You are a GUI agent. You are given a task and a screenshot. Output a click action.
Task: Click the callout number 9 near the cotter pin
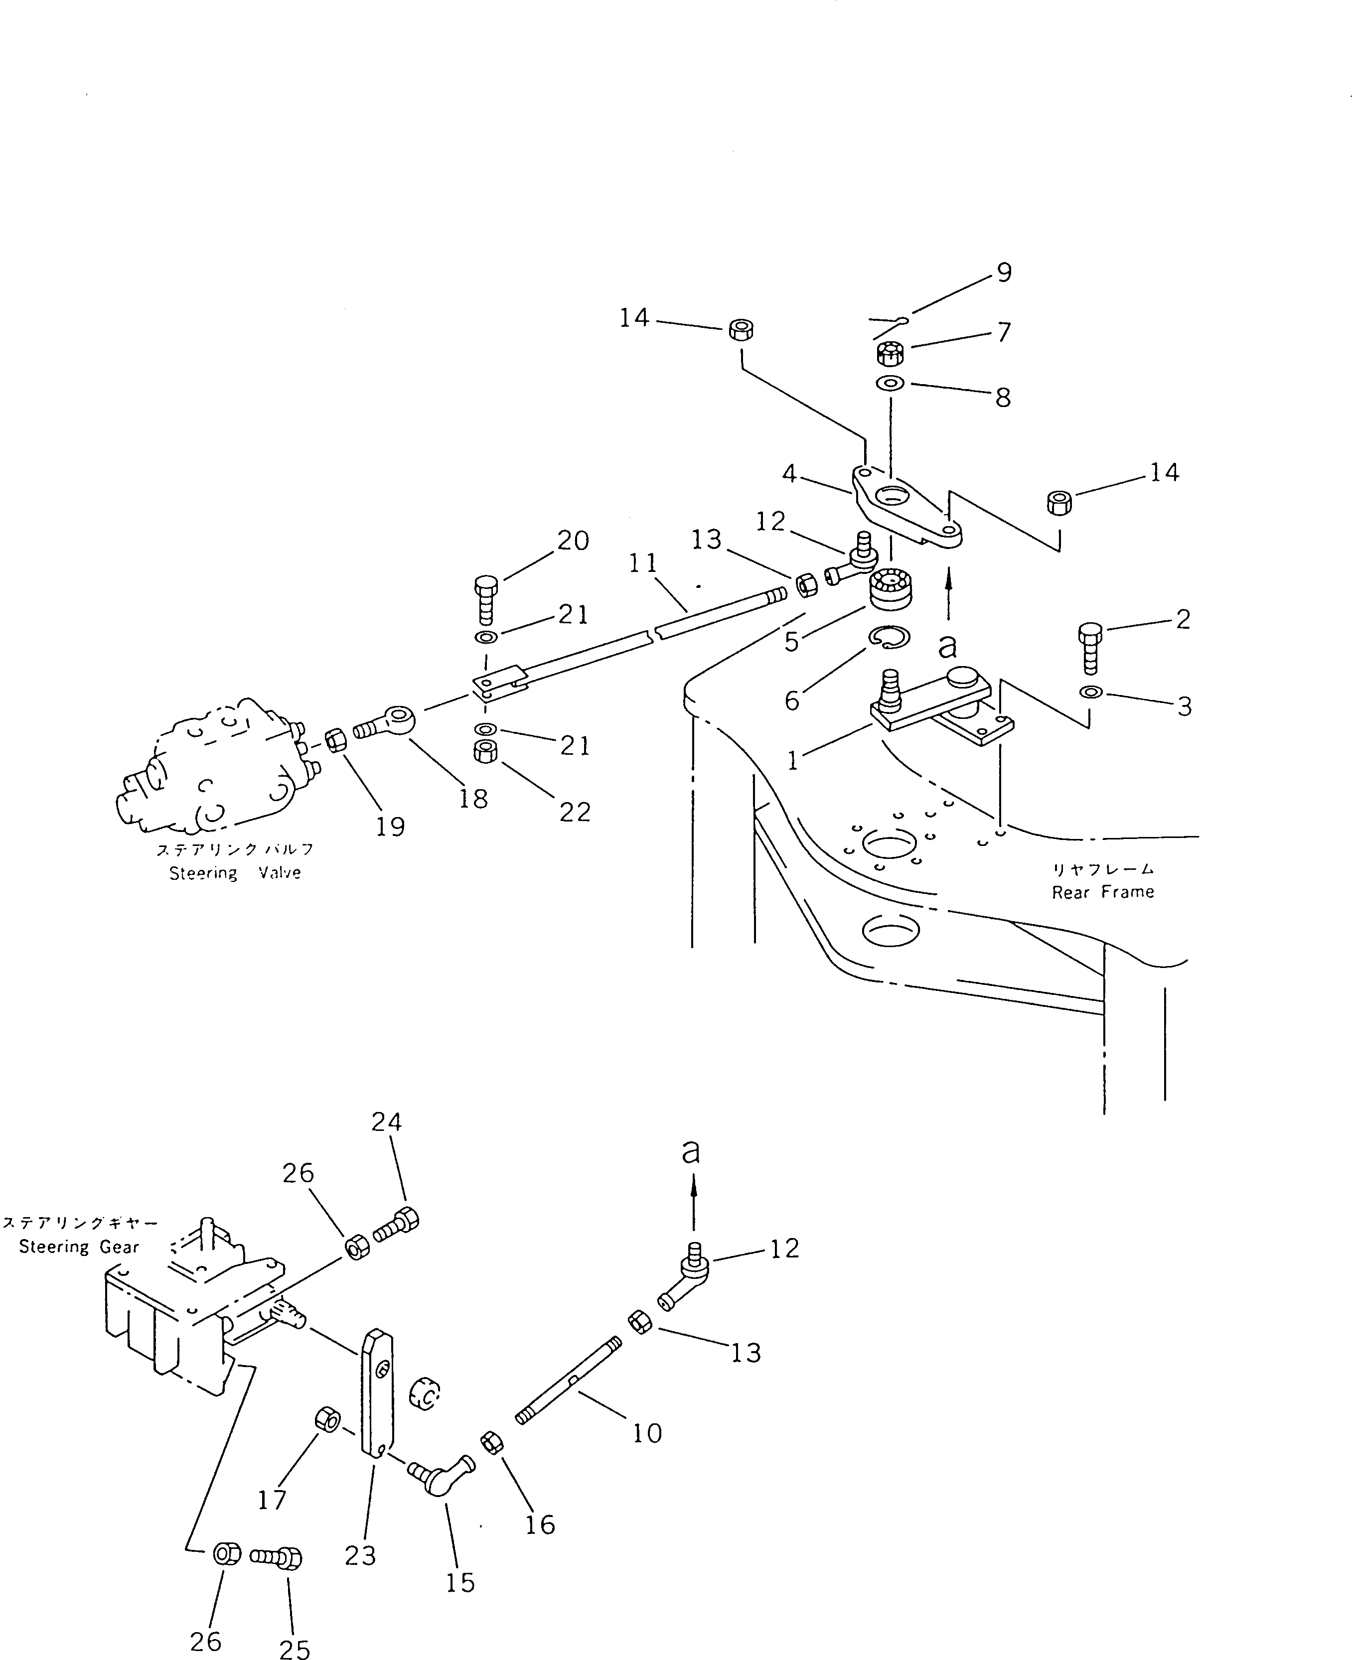pos(1004,274)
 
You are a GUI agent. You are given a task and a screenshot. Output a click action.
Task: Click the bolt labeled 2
pos(1091,648)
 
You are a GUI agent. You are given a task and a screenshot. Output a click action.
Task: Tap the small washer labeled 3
pos(1091,692)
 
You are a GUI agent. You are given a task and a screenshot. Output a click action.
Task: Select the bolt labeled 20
pos(485,601)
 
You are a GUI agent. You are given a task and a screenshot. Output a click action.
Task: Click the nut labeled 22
pos(485,751)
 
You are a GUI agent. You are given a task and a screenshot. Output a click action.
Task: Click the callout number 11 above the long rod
pos(643,563)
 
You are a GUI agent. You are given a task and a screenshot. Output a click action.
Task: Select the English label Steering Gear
pos(79,1246)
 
